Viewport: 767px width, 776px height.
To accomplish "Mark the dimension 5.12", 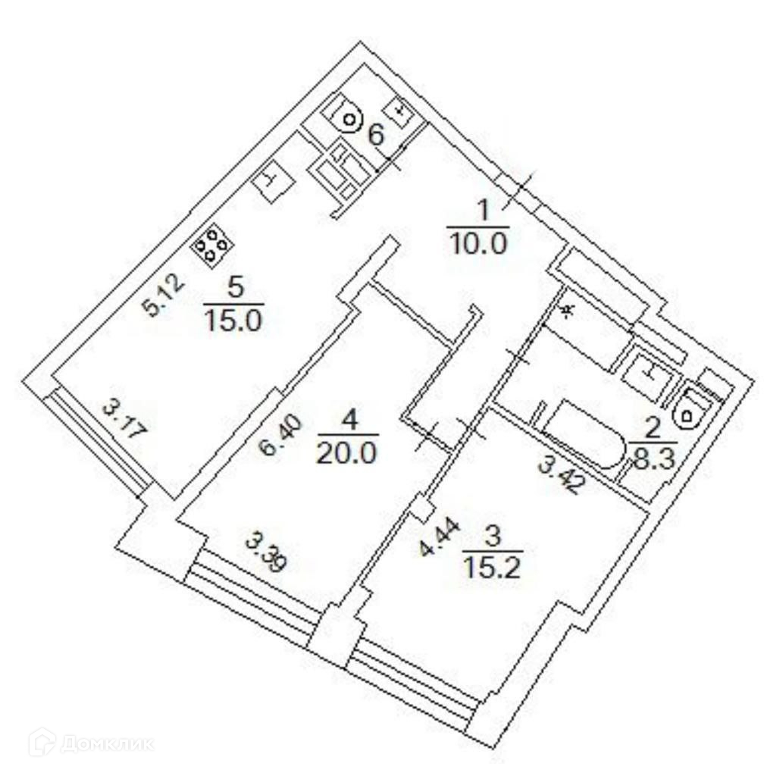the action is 164,296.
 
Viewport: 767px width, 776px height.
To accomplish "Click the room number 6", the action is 376,136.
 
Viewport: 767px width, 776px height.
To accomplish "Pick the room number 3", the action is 492,535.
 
